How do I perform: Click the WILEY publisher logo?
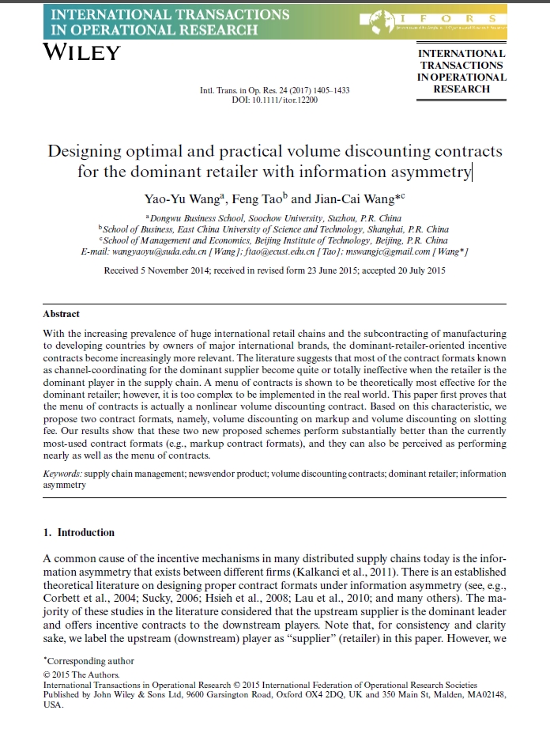click(81, 53)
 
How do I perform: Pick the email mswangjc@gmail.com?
click(395, 251)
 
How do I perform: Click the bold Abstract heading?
click(62, 314)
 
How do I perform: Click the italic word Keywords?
click(62, 474)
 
